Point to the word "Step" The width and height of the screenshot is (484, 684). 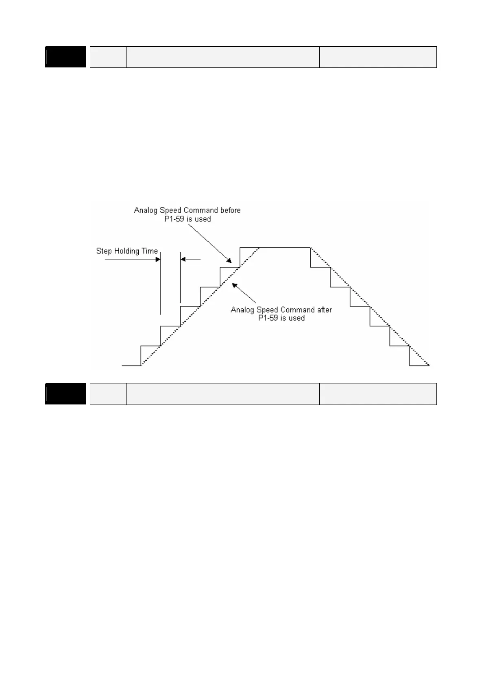[104, 251]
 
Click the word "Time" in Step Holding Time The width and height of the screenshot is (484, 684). [149, 251]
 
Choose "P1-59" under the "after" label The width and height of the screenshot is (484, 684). [268, 318]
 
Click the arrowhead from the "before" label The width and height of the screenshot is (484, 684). [230, 261]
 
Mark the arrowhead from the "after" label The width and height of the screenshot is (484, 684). [235, 286]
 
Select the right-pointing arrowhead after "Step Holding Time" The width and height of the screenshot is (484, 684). [158, 259]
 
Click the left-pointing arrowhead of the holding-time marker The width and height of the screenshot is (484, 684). [183, 259]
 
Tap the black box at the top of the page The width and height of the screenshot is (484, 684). [65, 57]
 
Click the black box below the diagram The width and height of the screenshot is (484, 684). [65, 394]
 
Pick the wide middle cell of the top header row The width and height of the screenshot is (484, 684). [222, 57]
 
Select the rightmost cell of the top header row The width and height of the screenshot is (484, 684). [377, 57]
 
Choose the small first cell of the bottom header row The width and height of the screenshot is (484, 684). [108, 394]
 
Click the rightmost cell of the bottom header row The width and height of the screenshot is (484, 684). [377, 394]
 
